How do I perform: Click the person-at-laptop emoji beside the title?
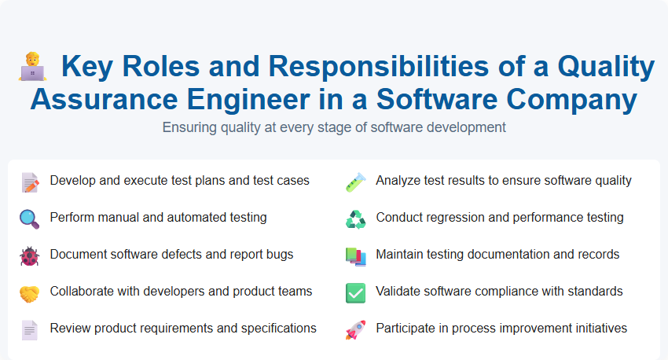(x=32, y=68)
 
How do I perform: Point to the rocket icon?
(x=355, y=330)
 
